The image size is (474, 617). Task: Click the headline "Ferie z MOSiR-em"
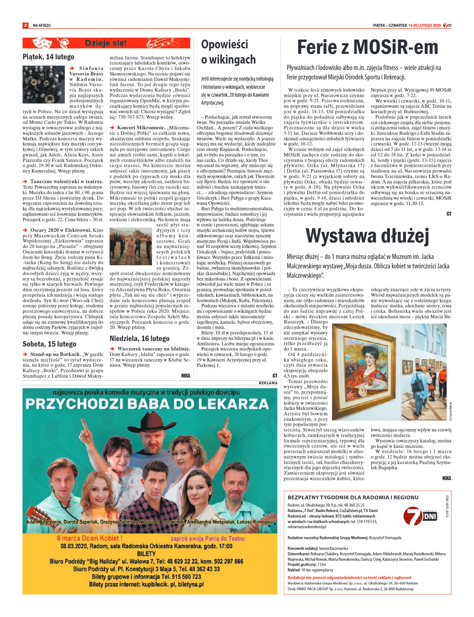click(367, 48)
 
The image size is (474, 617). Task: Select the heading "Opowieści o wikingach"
click(228, 52)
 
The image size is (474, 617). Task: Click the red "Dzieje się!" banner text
click(106, 43)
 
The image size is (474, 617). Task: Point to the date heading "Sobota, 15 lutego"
click(49, 344)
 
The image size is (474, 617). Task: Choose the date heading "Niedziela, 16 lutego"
click(139, 339)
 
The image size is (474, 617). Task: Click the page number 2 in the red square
click(26, 26)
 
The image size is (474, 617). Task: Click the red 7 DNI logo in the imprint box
click(420, 516)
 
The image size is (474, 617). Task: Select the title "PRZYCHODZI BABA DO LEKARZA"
click(147, 404)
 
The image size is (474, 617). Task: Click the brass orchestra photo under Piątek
click(44, 85)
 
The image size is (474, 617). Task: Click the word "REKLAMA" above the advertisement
click(268, 383)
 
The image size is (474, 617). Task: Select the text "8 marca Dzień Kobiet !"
click(90, 538)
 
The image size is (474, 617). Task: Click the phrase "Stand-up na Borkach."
click(55, 354)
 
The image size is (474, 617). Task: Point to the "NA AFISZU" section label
click(42, 26)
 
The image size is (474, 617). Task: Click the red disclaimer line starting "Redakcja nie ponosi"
click(349, 577)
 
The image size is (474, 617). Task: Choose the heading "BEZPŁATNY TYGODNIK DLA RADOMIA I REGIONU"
click(353, 497)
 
